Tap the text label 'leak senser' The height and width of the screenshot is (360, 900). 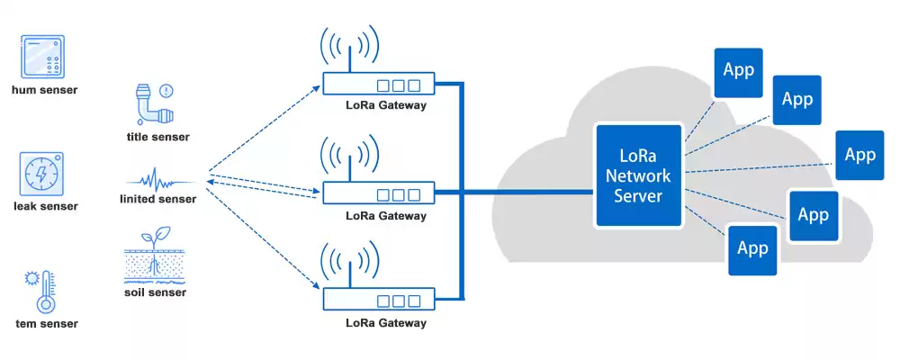pos(45,206)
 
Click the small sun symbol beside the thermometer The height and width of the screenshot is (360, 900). pos(31,277)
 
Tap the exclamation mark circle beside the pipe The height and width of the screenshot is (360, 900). pos(166,90)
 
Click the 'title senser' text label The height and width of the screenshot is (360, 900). pos(158,137)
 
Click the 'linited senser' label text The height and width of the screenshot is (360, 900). pos(158,198)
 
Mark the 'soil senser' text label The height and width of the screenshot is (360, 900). pos(155,292)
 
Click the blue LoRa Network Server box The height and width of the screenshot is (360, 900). pos(638,175)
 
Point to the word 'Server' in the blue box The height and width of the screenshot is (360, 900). pos(638,196)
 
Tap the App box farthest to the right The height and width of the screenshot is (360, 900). pos(859,155)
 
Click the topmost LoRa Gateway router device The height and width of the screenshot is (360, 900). pos(378,85)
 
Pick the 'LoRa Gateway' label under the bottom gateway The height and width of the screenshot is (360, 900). pos(386,323)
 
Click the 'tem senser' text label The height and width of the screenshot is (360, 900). pos(47,323)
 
